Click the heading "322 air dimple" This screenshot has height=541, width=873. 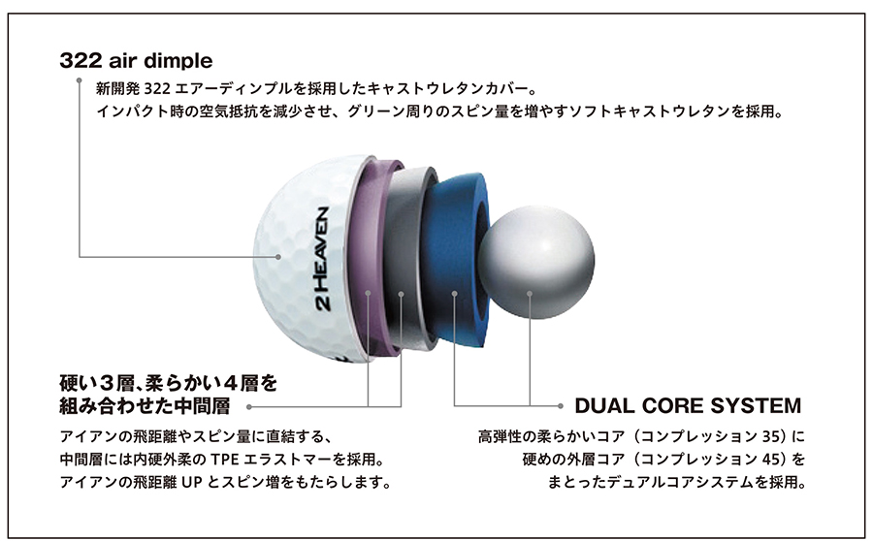tap(136, 61)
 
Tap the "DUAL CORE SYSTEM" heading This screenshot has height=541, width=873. tap(688, 405)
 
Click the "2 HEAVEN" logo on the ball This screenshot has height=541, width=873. tap(322, 258)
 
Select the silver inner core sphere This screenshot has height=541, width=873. tap(536, 262)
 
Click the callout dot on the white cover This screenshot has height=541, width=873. tap(278, 257)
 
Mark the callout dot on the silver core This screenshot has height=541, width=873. tap(530, 294)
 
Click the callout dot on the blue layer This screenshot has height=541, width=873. tap(454, 294)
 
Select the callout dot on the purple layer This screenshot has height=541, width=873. tap(368, 292)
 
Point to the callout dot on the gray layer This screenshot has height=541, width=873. tap(401, 294)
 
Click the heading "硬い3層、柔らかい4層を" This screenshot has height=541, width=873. tap(168, 383)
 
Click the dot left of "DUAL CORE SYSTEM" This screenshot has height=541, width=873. tap(561, 405)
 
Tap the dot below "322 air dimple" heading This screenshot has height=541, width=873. tap(80, 80)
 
